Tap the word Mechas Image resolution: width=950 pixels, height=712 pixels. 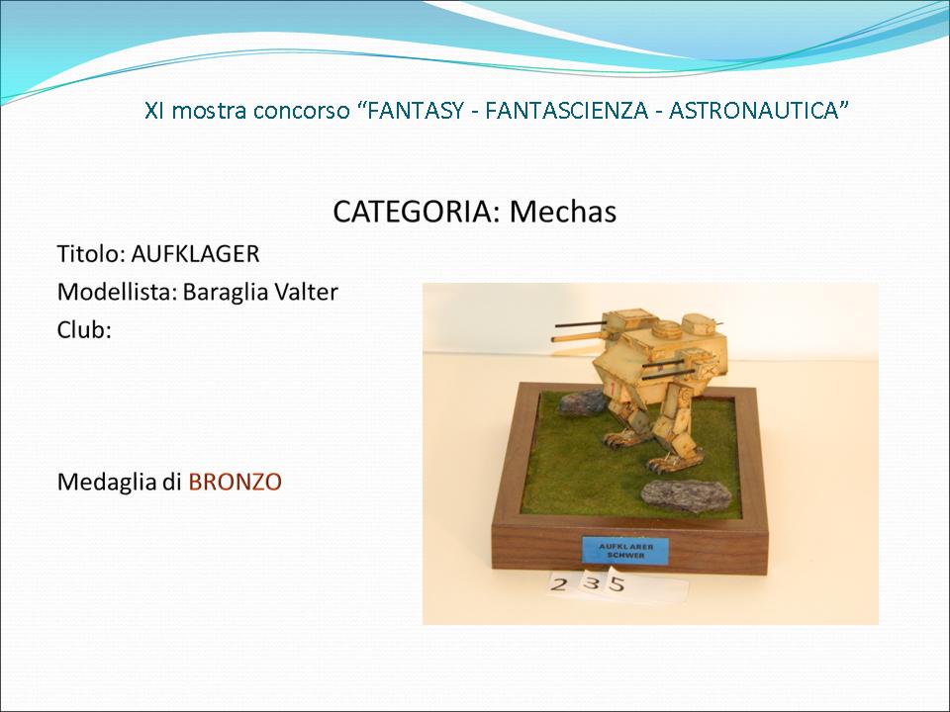[563, 212]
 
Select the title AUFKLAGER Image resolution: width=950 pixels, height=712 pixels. [195, 254]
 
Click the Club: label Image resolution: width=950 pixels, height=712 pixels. [84, 330]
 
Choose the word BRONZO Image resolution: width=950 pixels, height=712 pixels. [236, 482]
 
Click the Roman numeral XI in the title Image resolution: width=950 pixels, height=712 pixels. [154, 111]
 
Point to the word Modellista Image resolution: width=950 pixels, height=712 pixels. [117, 292]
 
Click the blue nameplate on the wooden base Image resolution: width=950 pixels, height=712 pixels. [625, 550]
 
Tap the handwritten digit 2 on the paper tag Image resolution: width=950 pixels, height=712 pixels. [559, 583]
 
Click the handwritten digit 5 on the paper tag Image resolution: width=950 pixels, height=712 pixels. [617, 583]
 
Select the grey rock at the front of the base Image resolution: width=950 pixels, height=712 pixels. [686, 495]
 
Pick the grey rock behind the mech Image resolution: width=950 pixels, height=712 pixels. [582, 402]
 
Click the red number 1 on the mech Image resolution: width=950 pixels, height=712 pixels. [614, 389]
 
